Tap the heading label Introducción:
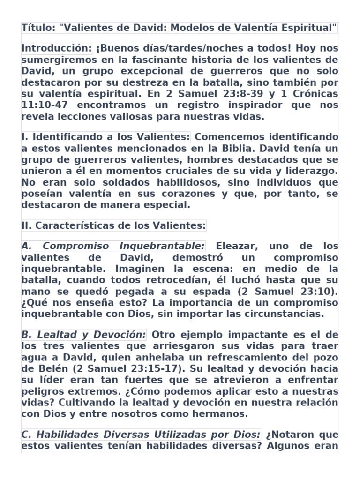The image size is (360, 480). (57, 48)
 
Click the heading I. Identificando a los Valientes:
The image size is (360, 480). (105, 137)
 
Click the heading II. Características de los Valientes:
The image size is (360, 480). (114, 226)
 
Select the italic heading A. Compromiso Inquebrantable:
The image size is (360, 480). (113, 246)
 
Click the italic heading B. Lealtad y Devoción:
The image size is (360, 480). (84, 335)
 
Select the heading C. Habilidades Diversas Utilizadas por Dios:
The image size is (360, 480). (141, 435)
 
